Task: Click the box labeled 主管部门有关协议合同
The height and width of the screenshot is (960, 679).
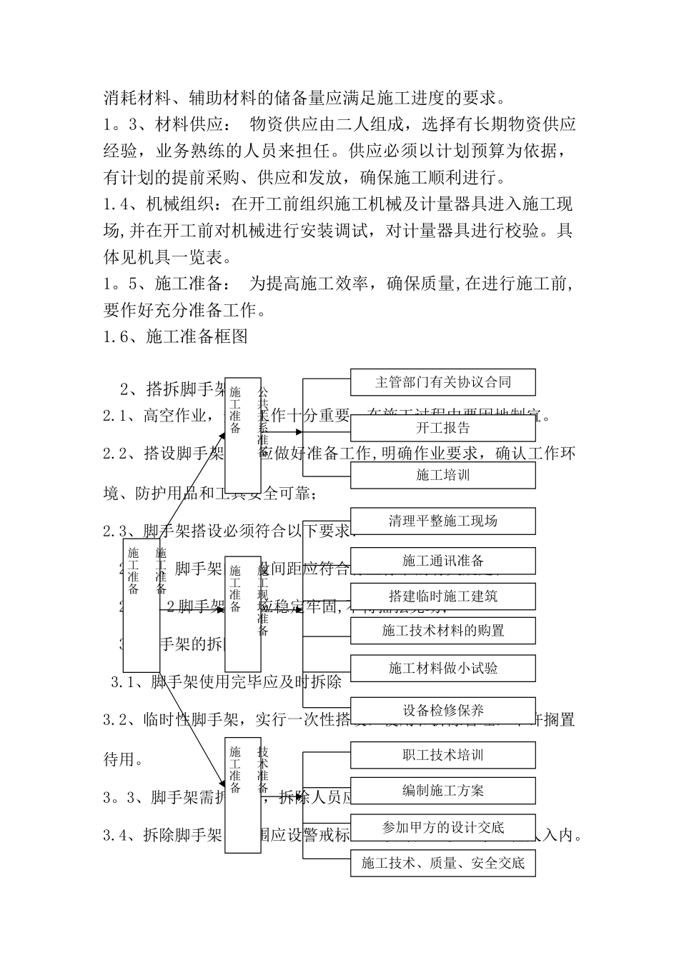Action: tap(442, 382)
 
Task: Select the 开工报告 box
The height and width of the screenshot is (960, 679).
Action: tap(442, 428)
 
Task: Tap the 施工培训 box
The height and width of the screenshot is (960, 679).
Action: tap(442, 475)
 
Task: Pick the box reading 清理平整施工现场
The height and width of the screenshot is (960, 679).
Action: tap(442, 521)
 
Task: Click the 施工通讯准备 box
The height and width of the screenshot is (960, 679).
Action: tap(442, 561)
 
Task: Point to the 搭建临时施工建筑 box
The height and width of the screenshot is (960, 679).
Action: tap(442, 596)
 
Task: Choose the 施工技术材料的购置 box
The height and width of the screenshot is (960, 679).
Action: tap(442, 631)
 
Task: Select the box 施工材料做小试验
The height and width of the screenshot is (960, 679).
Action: tap(442, 668)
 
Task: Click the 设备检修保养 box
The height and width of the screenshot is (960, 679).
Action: tap(442, 710)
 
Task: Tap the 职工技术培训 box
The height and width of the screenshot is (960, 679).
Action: tap(442, 755)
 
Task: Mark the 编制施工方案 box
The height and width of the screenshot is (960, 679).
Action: tap(442, 791)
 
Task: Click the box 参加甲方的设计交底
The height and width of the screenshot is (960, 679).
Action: tap(442, 827)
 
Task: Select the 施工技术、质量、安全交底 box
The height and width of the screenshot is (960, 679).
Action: tap(442, 863)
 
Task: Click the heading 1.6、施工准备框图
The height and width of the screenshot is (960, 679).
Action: tap(176, 336)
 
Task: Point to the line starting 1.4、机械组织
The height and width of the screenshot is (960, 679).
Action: tap(338, 205)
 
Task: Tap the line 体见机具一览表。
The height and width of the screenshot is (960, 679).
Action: tap(167, 257)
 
